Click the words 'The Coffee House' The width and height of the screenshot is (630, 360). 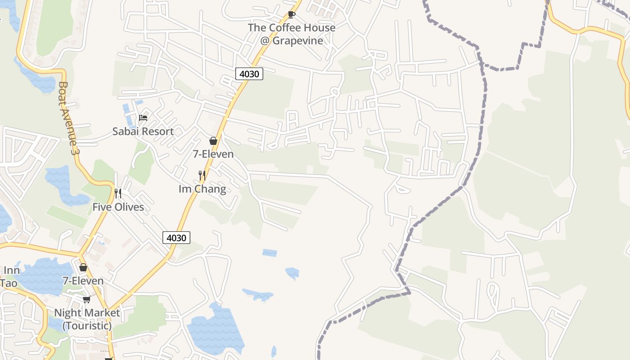coord(292,27)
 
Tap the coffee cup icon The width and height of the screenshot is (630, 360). coord(291,14)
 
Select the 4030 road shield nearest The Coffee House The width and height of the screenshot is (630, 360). coord(249,74)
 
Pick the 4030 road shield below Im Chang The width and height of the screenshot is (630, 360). coord(176,238)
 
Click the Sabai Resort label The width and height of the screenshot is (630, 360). coord(143,131)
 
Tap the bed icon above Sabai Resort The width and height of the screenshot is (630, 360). coord(143,118)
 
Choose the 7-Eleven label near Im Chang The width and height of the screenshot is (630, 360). coord(213,154)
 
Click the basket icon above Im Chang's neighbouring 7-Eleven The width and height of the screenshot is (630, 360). coord(213,141)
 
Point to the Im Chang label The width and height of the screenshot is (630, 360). coord(202,189)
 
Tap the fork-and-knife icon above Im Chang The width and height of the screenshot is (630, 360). coord(202,175)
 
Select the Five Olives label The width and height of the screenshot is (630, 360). coord(118,207)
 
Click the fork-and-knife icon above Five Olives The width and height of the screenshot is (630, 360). coord(118,193)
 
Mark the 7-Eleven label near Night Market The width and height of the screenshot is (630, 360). coord(83,281)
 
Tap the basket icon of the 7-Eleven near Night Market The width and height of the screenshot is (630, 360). coord(83,267)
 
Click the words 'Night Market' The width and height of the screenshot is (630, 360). coord(87,312)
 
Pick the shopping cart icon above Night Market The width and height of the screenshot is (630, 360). coord(86,299)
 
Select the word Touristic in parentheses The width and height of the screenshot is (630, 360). coord(87,325)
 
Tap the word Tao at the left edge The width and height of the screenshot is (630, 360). coord(8,283)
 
